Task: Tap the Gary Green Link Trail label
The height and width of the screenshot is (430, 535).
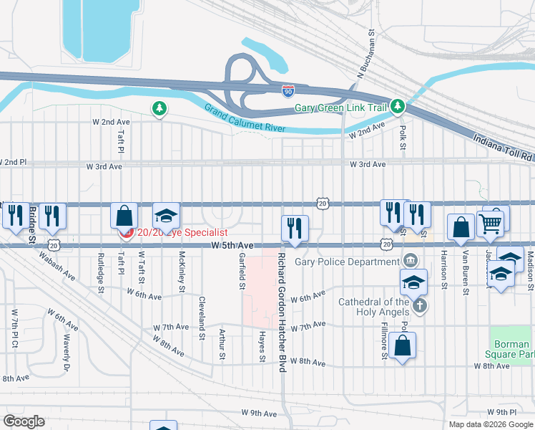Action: click(340, 108)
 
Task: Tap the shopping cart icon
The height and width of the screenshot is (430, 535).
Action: click(490, 224)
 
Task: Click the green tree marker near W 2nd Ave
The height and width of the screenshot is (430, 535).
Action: click(159, 109)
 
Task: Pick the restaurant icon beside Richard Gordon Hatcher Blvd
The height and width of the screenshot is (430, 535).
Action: click(295, 229)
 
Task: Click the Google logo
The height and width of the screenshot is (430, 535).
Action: click(24, 421)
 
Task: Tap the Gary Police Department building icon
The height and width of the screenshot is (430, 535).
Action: click(410, 259)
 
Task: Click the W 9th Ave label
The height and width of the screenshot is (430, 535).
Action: click(258, 414)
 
